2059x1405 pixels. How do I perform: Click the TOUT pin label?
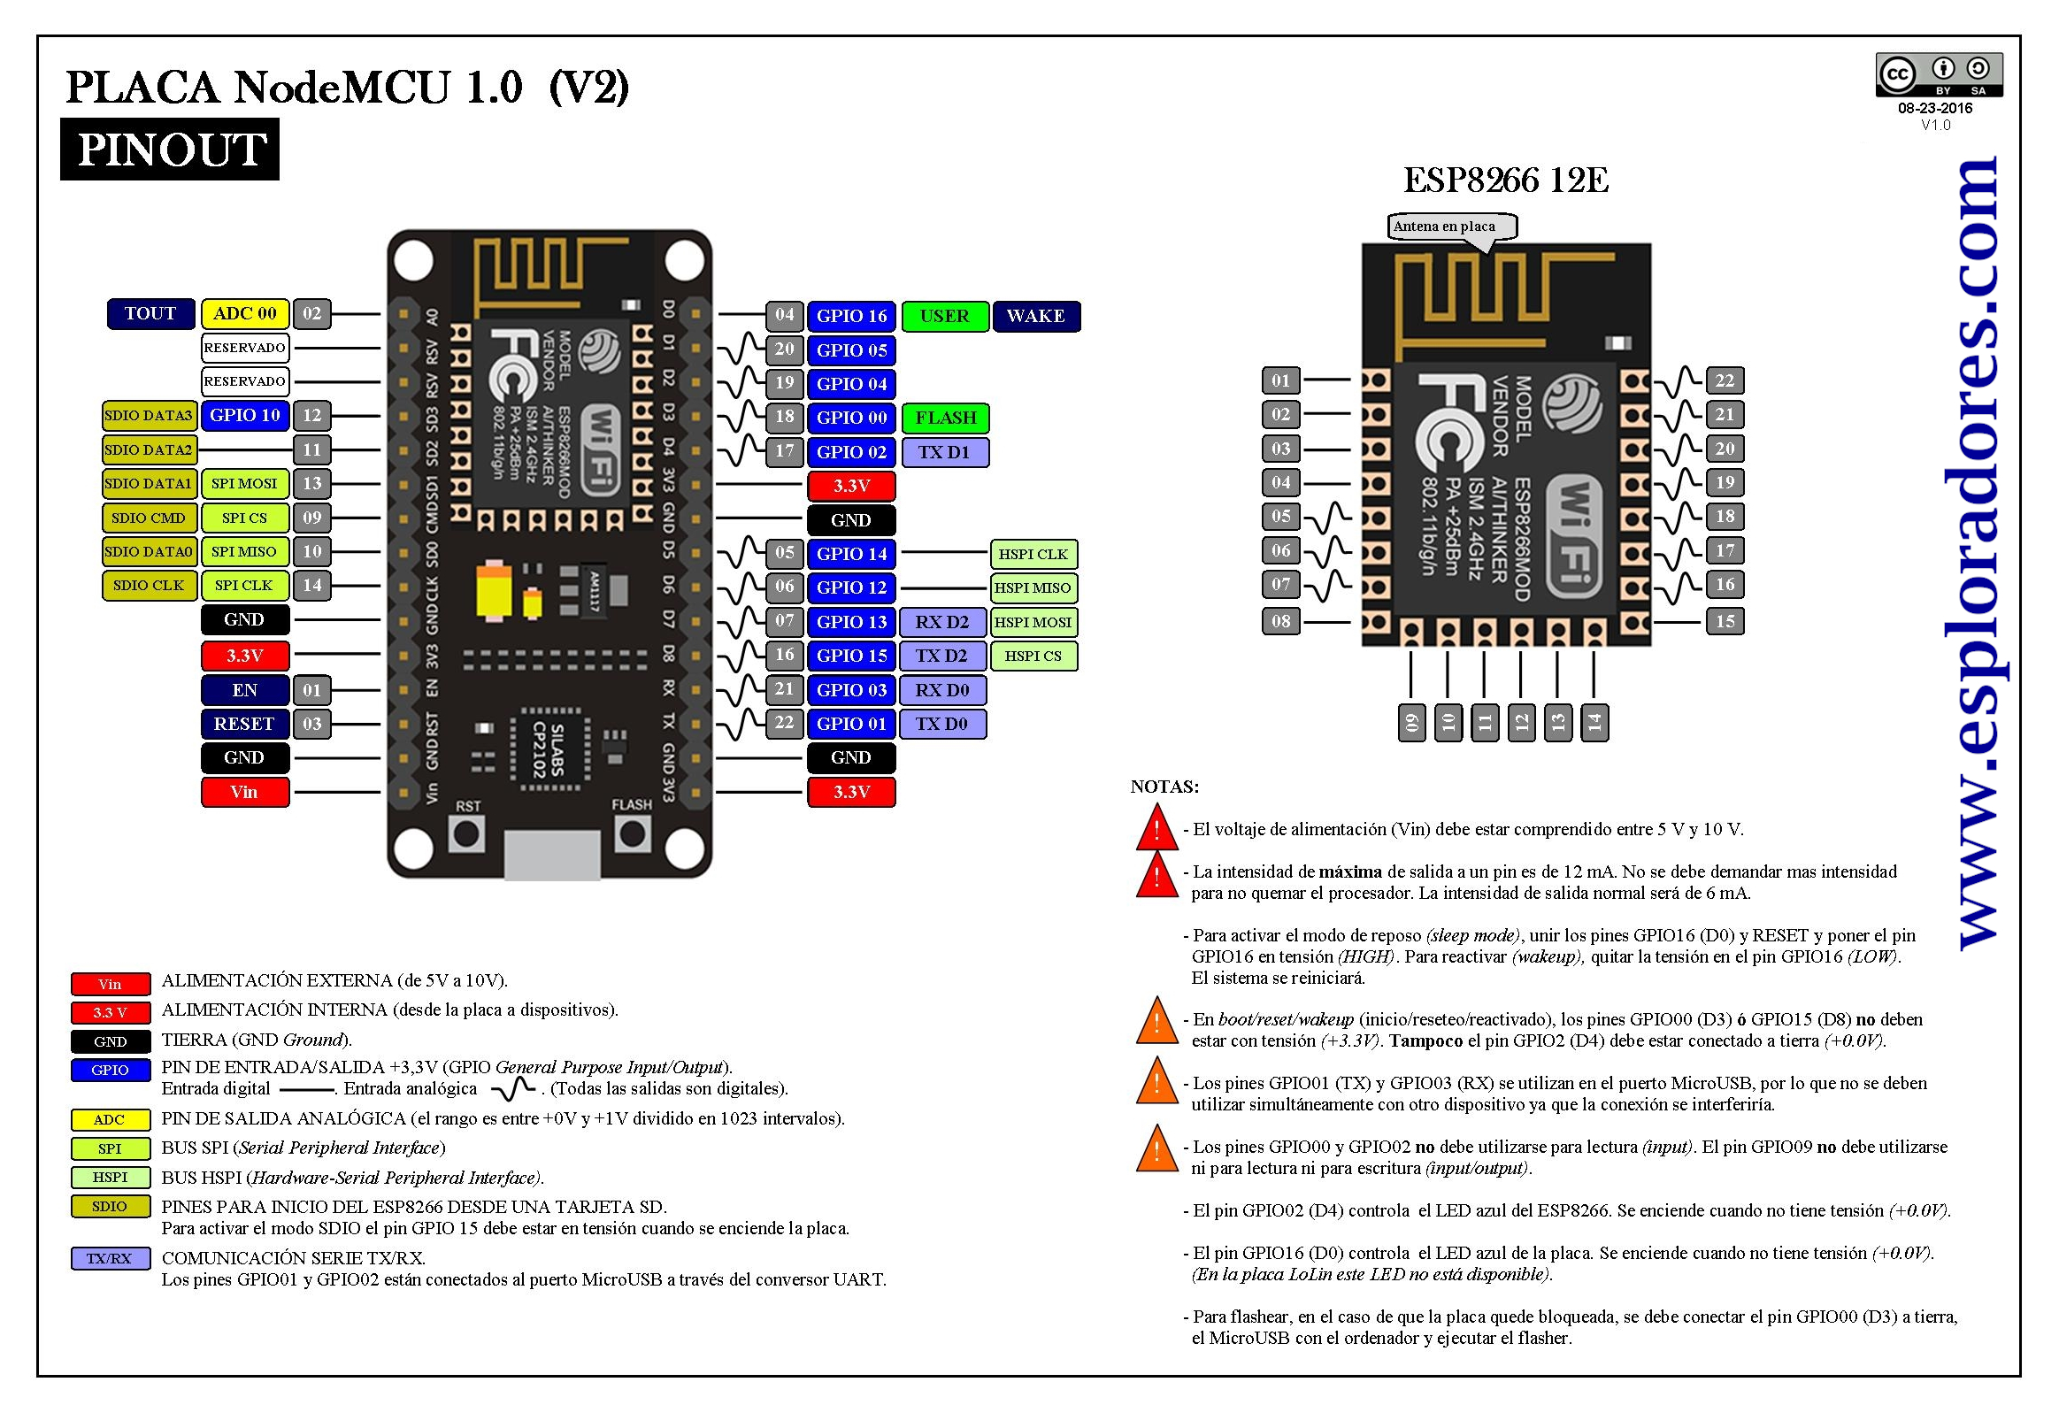point(150,313)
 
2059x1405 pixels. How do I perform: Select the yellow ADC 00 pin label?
point(245,313)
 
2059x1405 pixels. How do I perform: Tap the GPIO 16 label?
point(851,316)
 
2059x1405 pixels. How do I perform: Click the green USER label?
point(945,316)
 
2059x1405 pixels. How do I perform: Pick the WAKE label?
point(1037,316)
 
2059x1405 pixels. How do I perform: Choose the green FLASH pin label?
point(945,418)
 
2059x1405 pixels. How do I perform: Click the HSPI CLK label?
point(1034,555)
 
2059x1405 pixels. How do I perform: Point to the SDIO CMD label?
point(149,518)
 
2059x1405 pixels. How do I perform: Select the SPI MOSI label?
point(245,484)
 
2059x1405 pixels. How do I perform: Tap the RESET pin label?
point(245,724)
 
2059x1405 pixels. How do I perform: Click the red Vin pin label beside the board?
point(245,792)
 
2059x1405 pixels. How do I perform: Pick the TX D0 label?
point(942,724)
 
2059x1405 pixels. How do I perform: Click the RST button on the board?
point(467,833)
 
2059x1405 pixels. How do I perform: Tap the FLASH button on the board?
point(632,833)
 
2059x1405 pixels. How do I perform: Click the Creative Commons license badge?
point(1940,76)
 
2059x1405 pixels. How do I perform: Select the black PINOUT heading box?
point(170,149)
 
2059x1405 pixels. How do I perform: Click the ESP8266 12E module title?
point(1506,180)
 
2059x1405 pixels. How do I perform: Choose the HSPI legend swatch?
point(110,1178)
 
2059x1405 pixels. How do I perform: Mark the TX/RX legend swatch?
point(110,1258)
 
